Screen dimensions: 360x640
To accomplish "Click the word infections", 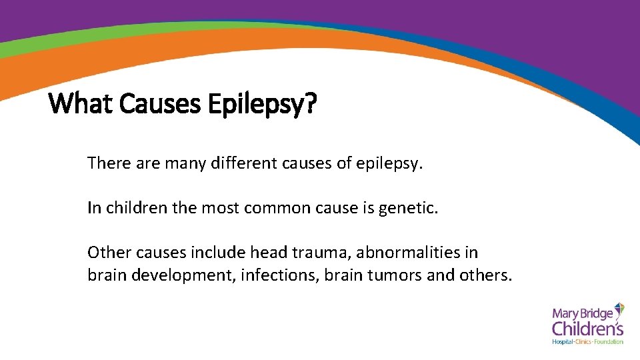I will (x=284, y=275).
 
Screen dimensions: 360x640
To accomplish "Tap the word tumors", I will (x=394, y=275).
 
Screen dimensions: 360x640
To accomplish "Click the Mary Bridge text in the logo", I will (x=582, y=312).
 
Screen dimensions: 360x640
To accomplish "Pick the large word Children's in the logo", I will (x=587, y=328).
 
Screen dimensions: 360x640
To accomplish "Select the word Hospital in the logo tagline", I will (x=563, y=342).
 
